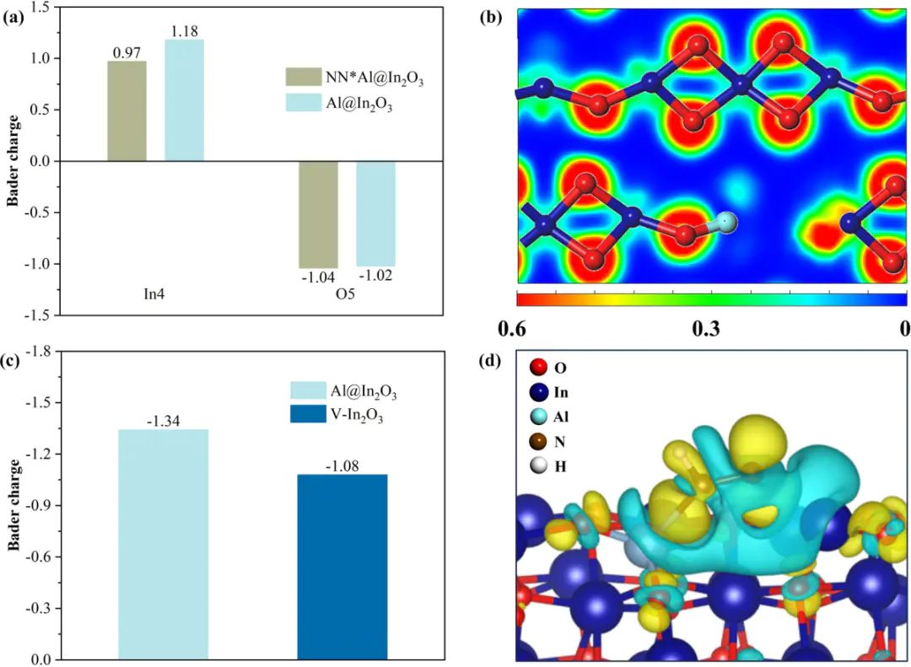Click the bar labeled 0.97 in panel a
[x=127, y=110]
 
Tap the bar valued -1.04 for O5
[x=318, y=214]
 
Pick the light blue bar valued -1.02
[x=375, y=213]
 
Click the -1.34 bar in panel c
[x=163, y=544]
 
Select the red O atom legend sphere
[x=539, y=368]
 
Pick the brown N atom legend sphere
[x=539, y=440]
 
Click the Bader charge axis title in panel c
[x=14, y=505]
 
